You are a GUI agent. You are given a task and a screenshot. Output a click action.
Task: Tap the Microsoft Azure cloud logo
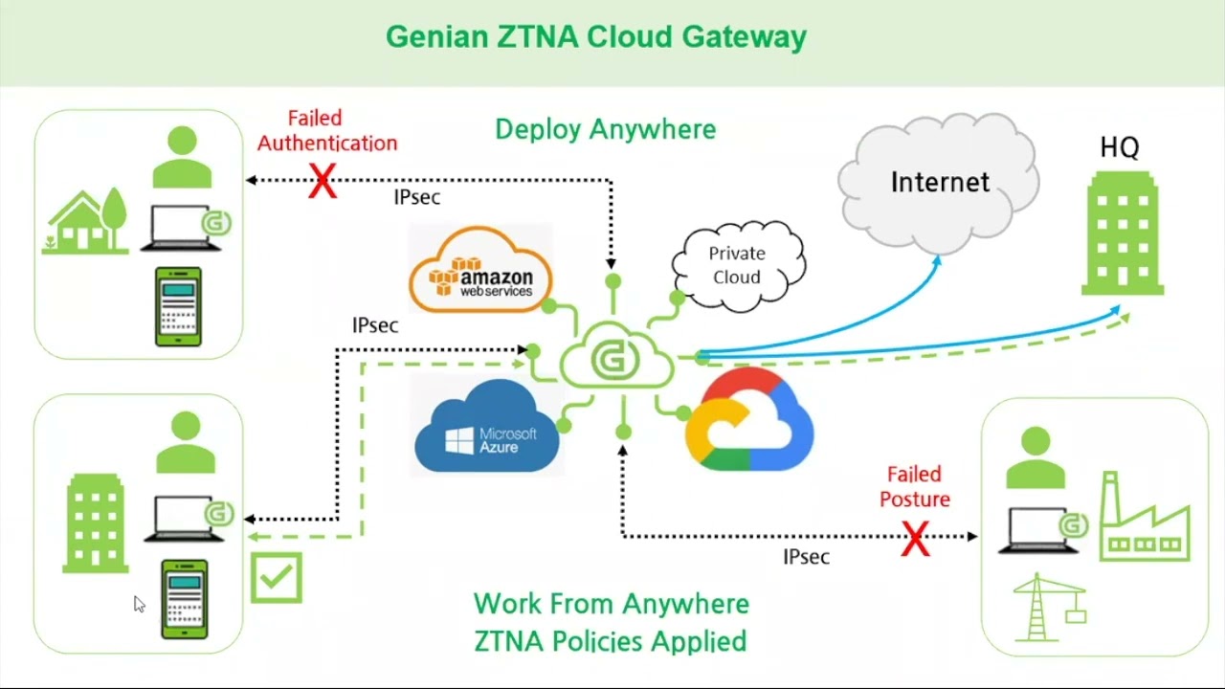tap(488, 428)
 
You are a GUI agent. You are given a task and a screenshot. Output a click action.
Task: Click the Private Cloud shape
tap(737, 265)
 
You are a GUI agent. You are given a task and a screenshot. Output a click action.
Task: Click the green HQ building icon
tap(1122, 233)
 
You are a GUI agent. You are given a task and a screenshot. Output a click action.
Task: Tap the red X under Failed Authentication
tap(323, 181)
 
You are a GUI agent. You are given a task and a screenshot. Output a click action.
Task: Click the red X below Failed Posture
tap(916, 539)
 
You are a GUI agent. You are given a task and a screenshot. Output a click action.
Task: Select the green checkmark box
tap(277, 577)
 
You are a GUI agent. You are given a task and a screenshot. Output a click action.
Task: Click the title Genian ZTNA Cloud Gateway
tap(595, 37)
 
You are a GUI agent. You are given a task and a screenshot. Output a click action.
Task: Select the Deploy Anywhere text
tap(605, 129)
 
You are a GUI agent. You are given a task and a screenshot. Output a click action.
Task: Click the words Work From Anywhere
tap(611, 604)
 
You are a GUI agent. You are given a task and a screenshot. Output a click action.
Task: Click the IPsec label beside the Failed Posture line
tap(806, 557)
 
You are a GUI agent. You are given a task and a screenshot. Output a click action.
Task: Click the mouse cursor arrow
tap(139, 604)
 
